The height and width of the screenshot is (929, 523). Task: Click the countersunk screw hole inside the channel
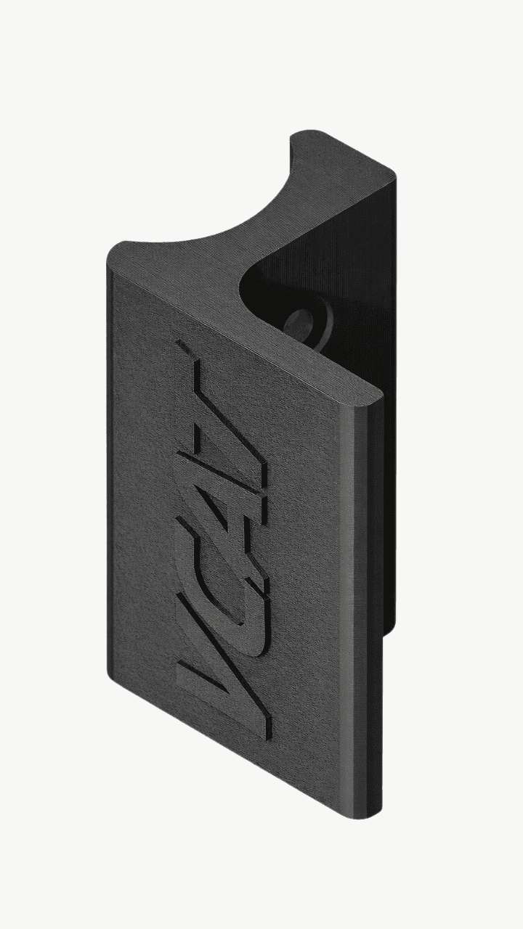pyautogui.click(x=300, y=321)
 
